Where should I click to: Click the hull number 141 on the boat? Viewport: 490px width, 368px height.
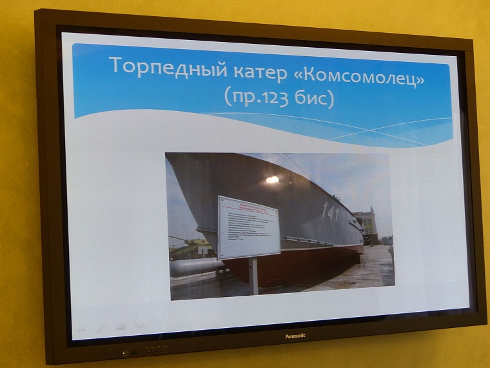(x=330, y=212)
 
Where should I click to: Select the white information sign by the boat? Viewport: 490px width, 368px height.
(x=248, y=226)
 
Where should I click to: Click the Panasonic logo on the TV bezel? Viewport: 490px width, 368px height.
(x=295, y=336)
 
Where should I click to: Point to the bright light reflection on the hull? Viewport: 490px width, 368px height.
(x=273, y=179)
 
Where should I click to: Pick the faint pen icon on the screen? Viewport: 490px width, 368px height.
(x=100, y=327)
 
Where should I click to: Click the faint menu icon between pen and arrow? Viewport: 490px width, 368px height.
(x=120, y=327)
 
